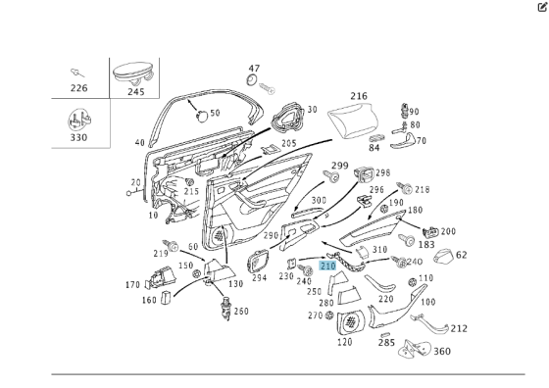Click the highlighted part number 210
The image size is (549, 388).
click(327, 267)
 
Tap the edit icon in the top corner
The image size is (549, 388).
click(542, 7)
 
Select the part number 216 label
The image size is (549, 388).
click(359, 96)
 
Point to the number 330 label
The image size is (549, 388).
click(78, 137)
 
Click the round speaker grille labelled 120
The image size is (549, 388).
click(351, 322)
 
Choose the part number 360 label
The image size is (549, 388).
click(442, 351)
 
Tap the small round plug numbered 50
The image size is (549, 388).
click(202, 116)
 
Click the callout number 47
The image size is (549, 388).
click(254, 69)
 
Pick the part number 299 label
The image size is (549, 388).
click(339, 166)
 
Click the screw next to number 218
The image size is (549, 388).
click(404, 188)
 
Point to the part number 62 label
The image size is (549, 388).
click(462, 255)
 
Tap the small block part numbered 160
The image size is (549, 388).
click(166, 298)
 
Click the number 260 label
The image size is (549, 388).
click(241, 311)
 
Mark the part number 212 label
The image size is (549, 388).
click(459, 328)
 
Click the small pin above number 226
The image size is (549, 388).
click(77, 73)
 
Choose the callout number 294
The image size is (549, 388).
click(260, 278)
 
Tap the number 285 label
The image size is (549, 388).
click(386, 343)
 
